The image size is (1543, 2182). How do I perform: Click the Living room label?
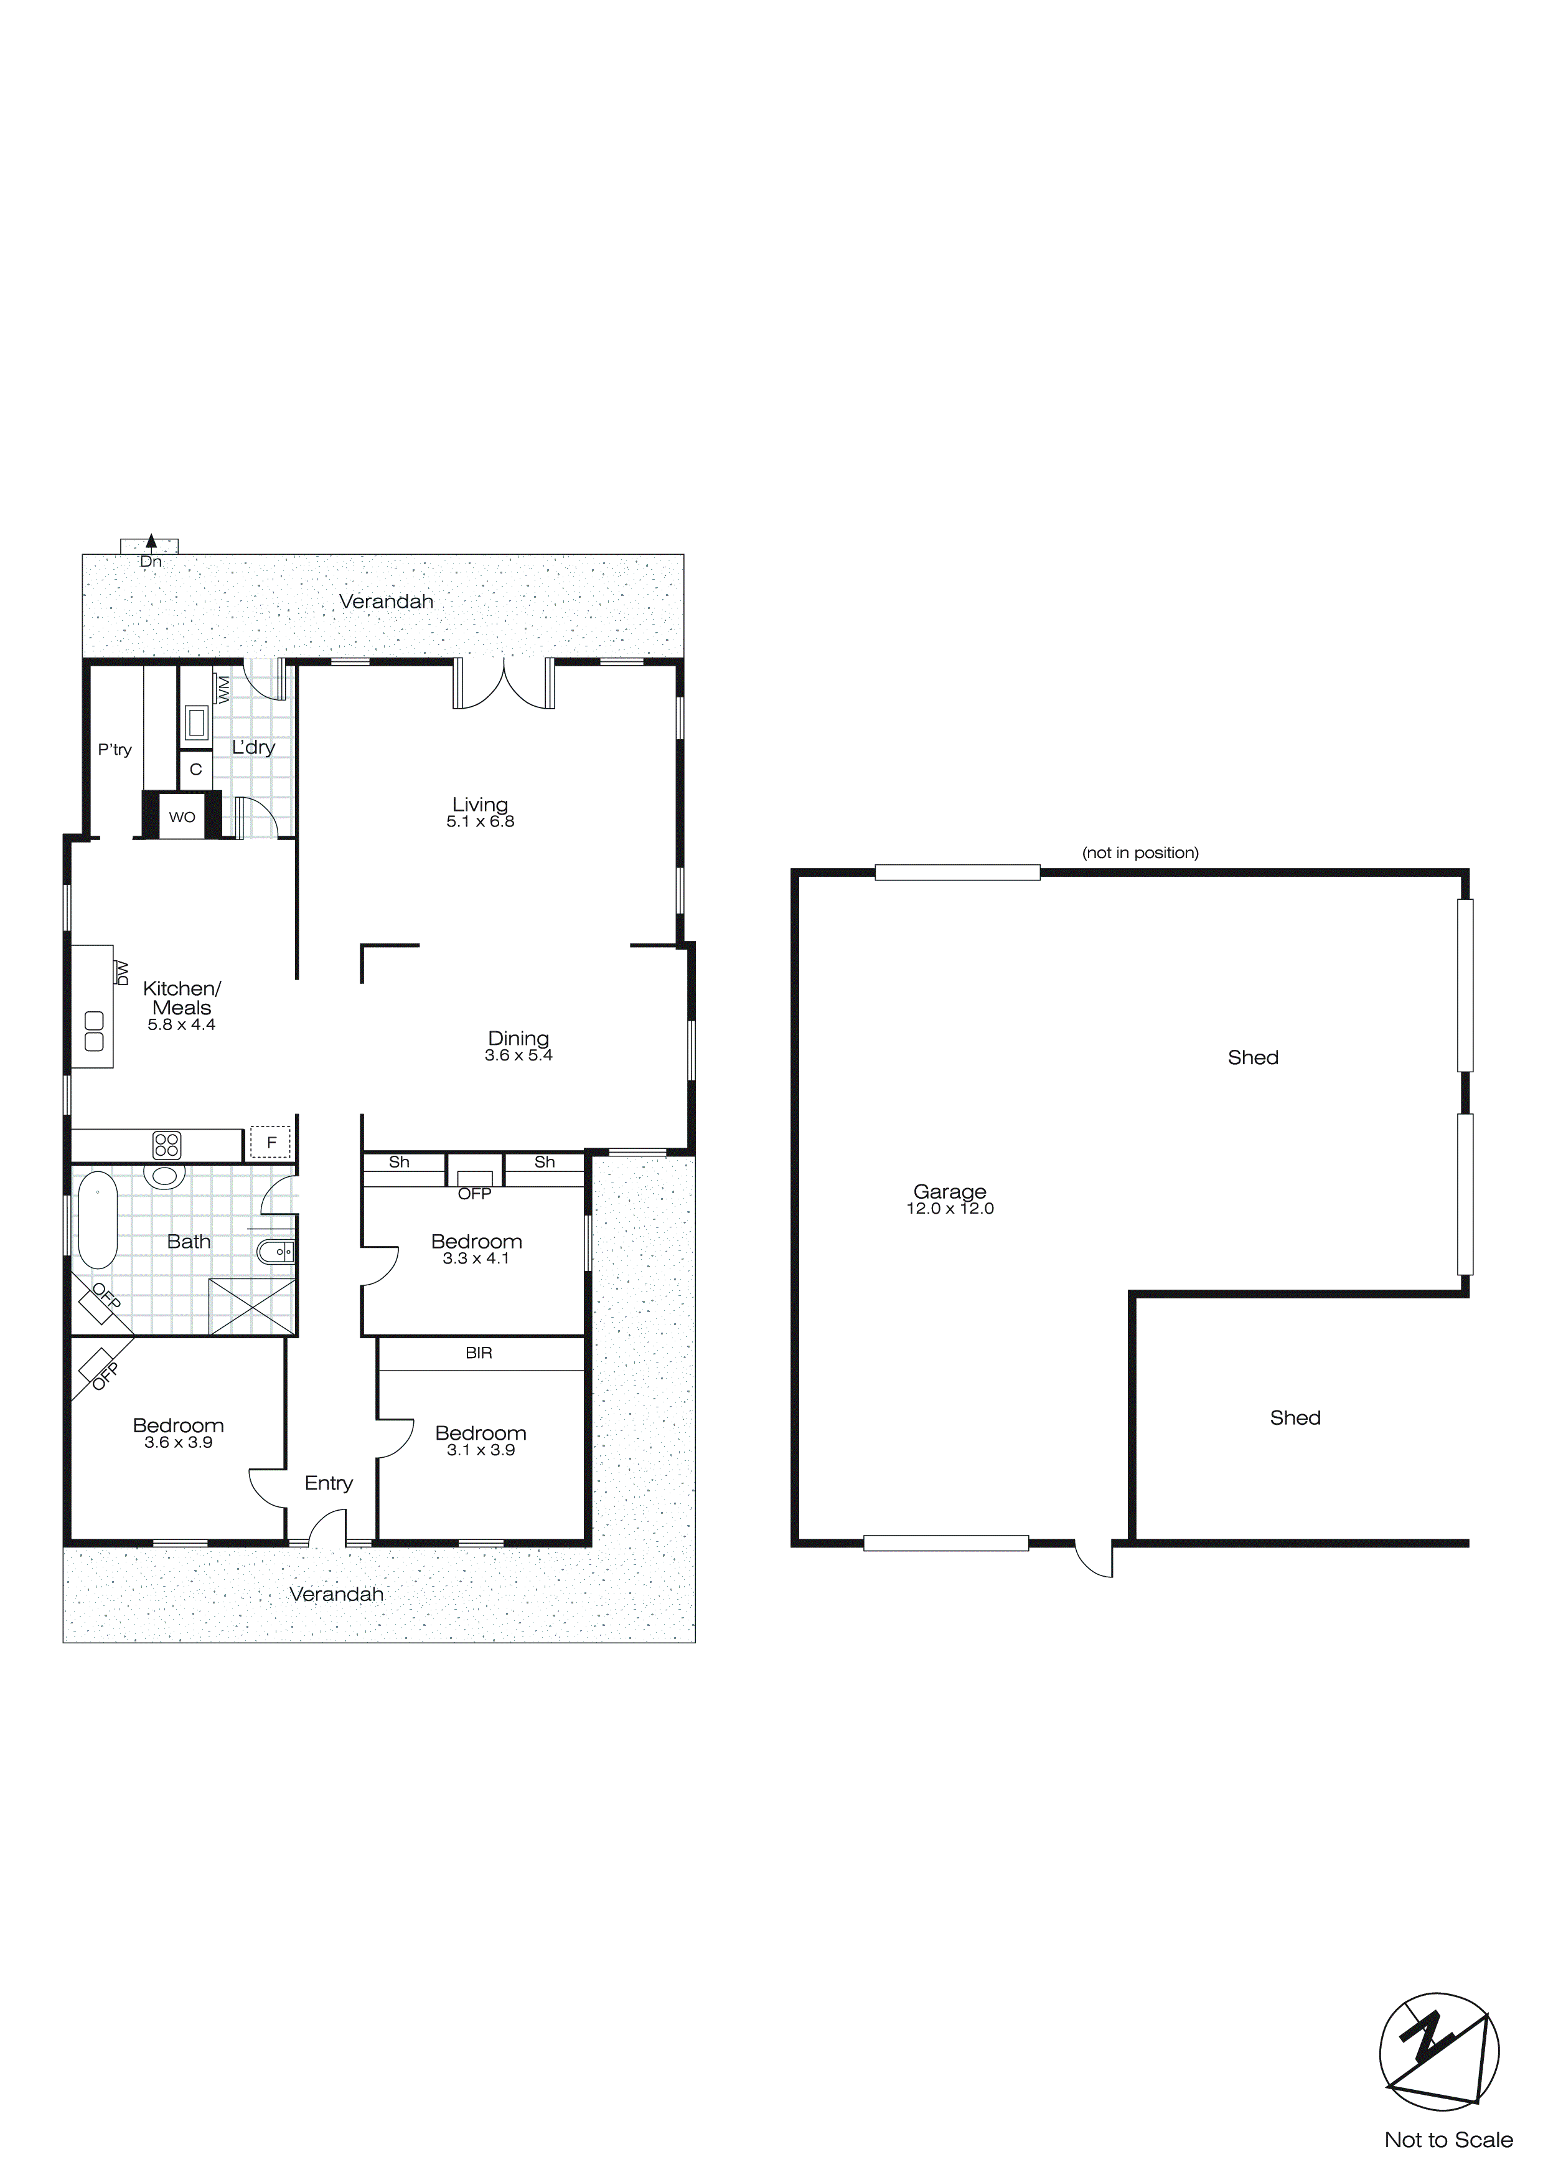point(480,805)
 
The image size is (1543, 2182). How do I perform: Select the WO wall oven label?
point(182,817)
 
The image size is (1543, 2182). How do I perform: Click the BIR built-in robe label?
point(479,1353)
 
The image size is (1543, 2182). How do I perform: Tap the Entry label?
point(329,1483)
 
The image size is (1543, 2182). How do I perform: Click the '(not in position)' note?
point(1140,852)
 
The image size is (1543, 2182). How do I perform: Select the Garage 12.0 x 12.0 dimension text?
point(950,1209)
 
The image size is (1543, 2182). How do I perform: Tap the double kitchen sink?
point(94,1031)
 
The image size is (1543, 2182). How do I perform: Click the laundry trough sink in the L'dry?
point(197,722)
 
